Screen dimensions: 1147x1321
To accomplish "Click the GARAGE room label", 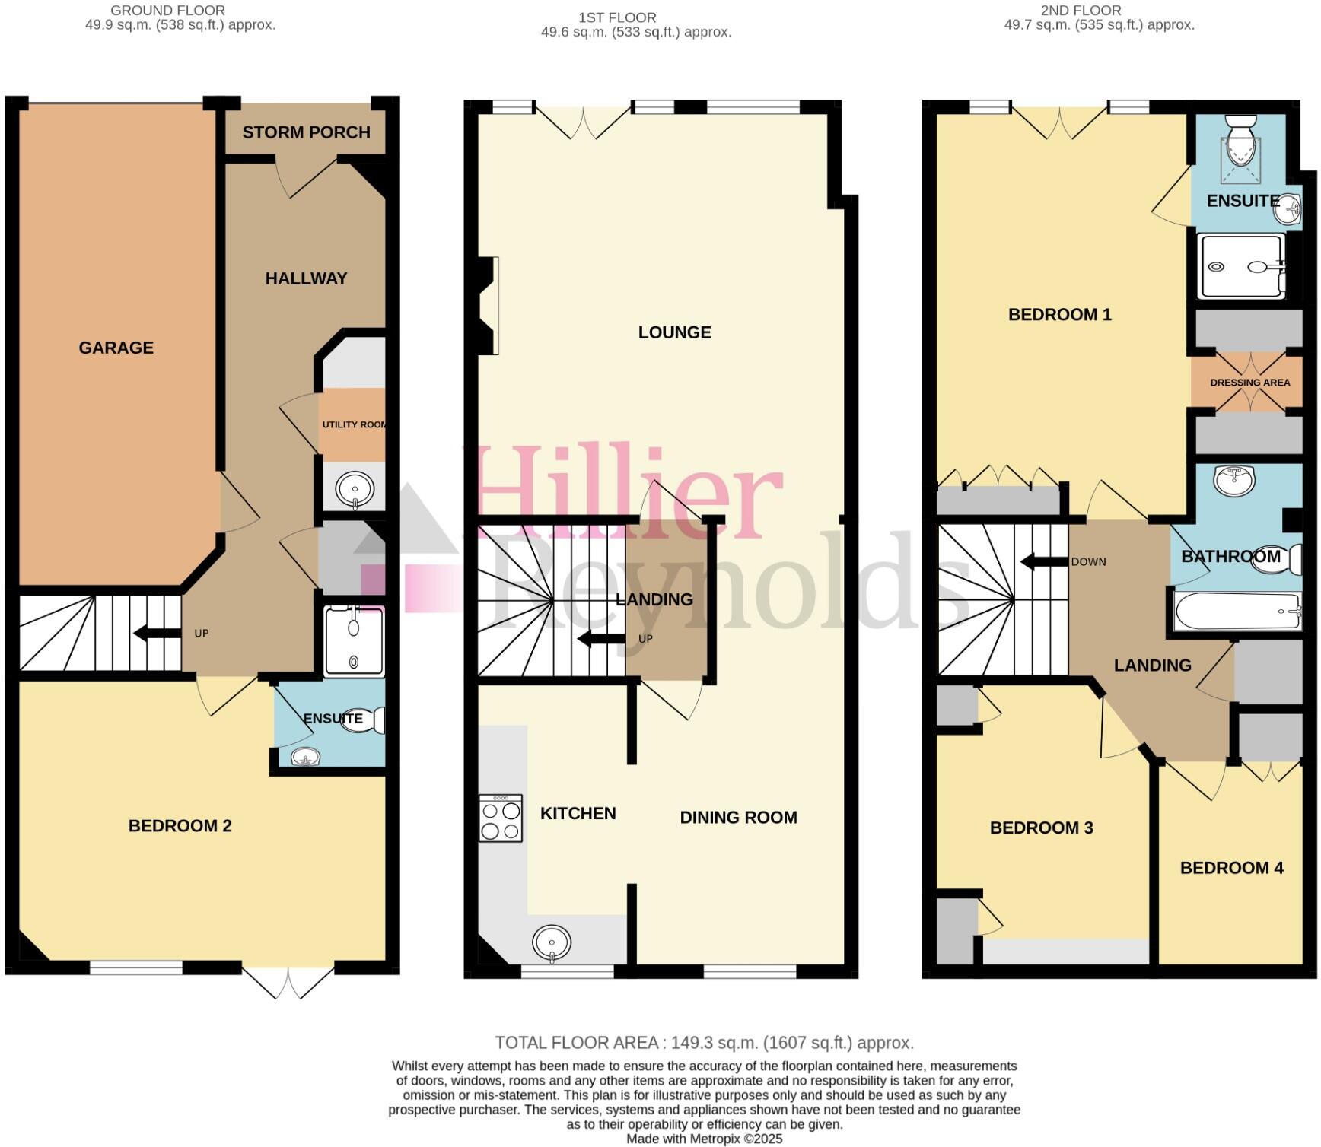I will tap(116, 348).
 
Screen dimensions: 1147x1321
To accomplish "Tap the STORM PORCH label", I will tap(306, 132).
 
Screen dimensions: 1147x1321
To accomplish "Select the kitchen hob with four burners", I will tap(501, 818).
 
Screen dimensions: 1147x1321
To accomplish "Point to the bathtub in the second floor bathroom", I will tap(1237, 612).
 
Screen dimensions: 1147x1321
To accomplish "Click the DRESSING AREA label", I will tap(1249, 383).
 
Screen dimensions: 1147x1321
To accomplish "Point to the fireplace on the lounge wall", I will tap(488, 306).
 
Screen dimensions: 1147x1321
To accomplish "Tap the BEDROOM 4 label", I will tap(1231, 868).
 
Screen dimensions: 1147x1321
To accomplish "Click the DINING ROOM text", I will tap(738, 818).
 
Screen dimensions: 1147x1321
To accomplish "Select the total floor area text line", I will tap(704, 1043).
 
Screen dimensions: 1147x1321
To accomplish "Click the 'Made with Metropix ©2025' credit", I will tap(704, 1139).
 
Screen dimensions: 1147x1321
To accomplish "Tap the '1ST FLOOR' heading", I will tap(616, 17).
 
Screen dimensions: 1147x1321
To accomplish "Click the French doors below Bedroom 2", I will tap(289, 981).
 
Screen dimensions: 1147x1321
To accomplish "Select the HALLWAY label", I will tap(306, 278).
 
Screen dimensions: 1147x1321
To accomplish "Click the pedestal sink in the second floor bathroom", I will tap(1234, 479).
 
